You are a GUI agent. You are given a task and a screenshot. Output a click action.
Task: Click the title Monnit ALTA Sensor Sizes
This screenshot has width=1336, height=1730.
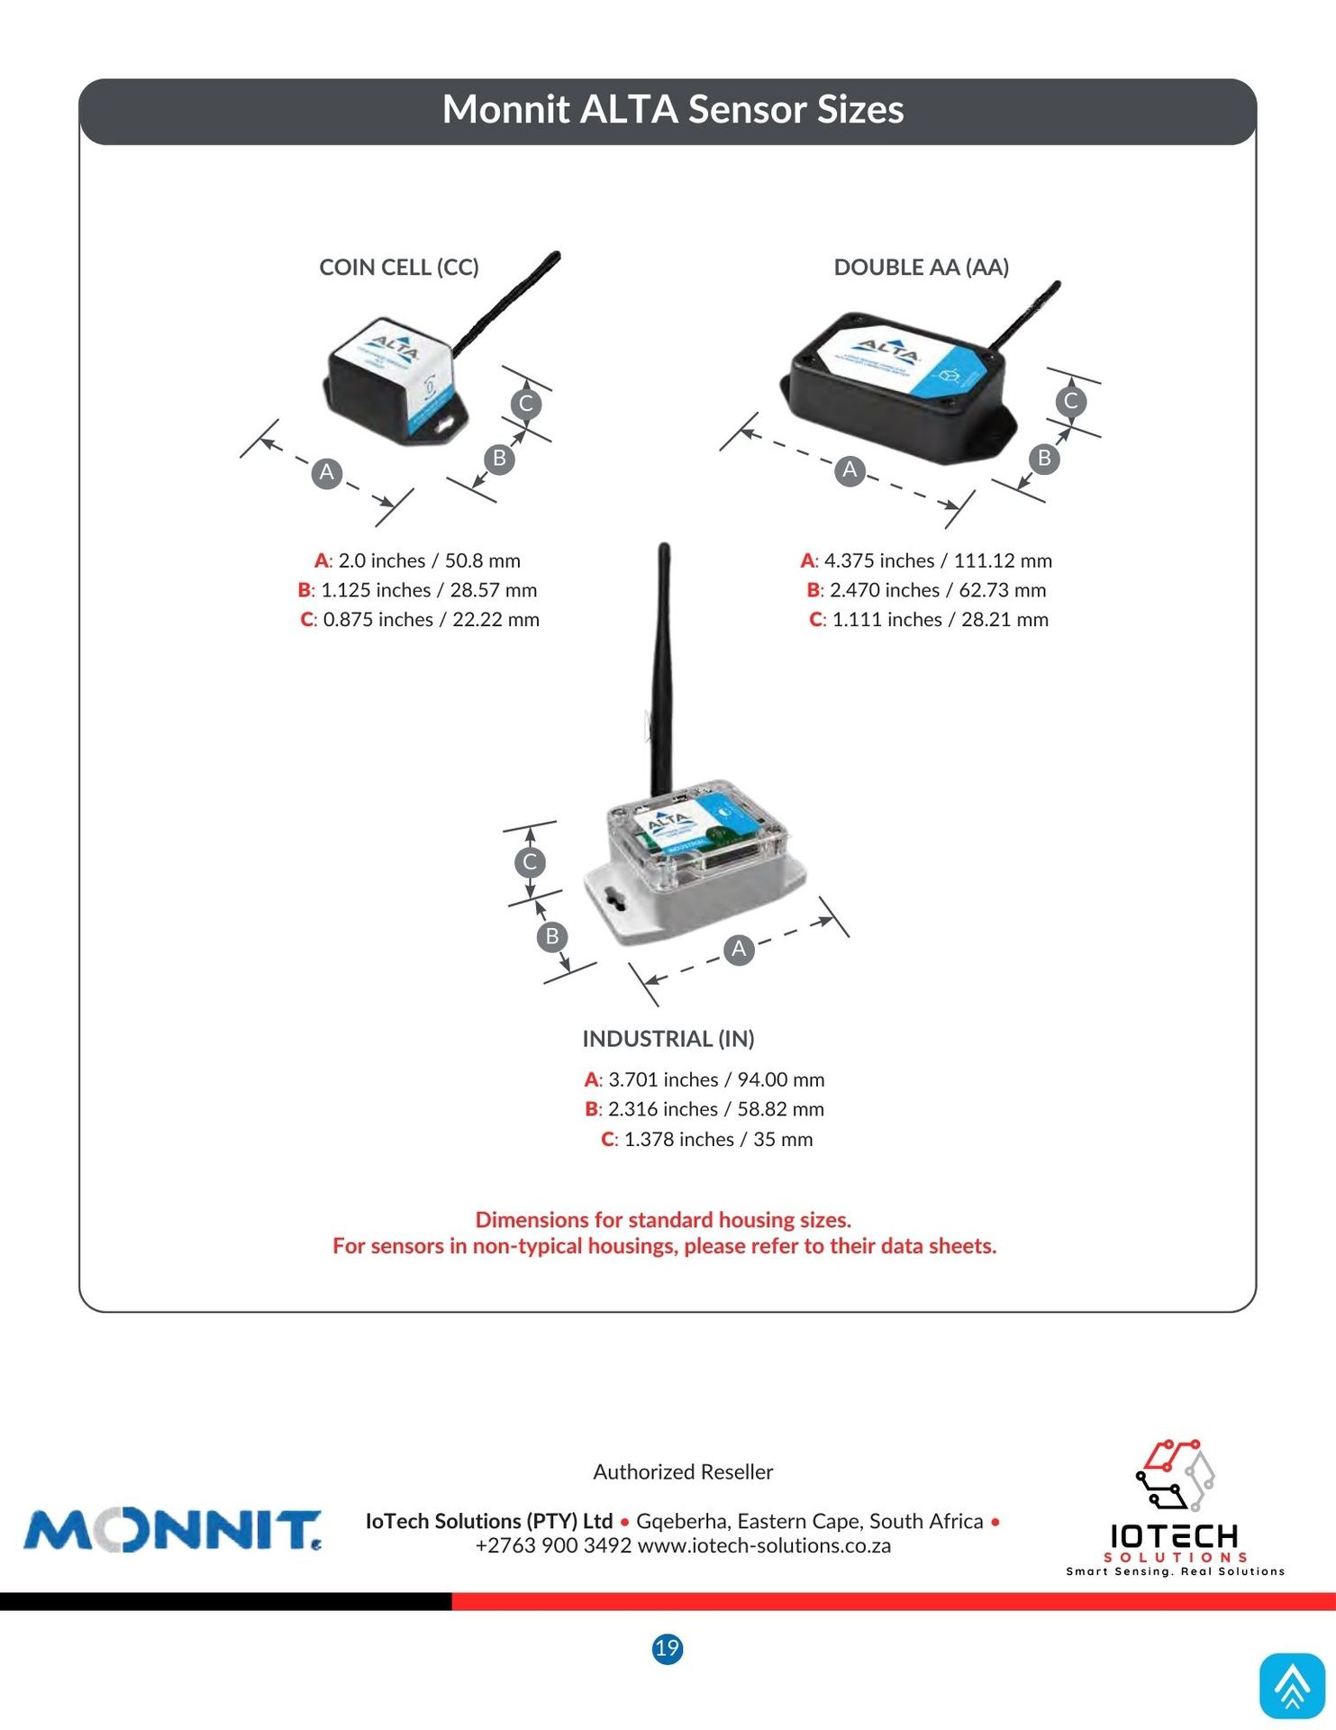[x=672, y=110]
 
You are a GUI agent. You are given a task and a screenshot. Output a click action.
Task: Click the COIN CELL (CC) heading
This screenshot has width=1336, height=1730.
[x=398, y=268]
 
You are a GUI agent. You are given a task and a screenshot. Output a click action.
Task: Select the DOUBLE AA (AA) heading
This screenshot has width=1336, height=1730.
[x=921, y=268]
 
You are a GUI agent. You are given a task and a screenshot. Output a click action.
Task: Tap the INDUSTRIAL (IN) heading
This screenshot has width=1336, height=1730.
[x=668, y=1039]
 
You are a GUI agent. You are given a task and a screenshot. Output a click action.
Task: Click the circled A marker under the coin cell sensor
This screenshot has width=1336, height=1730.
[x=327, y=472]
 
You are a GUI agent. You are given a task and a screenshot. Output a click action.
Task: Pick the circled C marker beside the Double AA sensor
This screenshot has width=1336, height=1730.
[x=1070, y=401]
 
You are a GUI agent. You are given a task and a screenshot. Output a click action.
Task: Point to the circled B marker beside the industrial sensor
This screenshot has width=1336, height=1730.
[x=551, y=936]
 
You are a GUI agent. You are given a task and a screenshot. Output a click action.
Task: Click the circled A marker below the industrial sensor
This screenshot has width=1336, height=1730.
[x=739, y=949]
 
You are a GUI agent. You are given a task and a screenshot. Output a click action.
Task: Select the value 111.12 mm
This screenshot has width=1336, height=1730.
[x=1002, y=560]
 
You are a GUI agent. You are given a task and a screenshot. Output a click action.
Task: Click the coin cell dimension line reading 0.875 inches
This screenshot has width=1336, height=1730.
[x=420, y=620]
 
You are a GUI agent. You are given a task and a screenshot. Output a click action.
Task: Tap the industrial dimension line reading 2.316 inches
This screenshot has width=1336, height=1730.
[x=704, y=1109]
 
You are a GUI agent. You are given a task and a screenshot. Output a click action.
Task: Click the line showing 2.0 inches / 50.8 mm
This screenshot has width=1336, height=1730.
[x=417, y=560]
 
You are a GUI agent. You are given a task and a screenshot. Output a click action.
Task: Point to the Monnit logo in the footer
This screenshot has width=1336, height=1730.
[x=171, y=1531]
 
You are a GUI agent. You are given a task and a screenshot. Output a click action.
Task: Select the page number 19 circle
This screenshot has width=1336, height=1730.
[x=667, y=1649]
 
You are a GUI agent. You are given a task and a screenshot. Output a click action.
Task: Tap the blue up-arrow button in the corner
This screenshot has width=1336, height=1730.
[x=1292, y=1685]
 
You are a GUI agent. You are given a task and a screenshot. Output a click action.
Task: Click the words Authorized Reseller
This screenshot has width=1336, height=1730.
[x=683, y=1472]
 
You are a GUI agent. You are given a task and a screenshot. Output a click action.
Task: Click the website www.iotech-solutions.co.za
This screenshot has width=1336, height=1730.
[x=764, y=1546]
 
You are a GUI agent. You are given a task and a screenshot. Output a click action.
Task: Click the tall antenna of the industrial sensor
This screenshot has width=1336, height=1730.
[x=663, y=667]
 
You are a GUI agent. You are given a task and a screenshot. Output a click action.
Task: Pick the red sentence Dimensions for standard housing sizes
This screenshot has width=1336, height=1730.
[x=663, y=1220]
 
